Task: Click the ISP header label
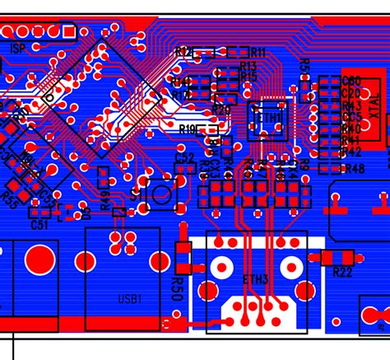[x=17, y=48]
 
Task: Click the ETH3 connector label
[x=256, y=279]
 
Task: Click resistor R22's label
[x=342, y=271]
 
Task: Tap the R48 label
[x=355, y=169]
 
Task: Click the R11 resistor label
[x=258, y=52]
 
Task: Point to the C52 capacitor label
[x=185, y=157]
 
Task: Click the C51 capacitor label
[x=39, y=224]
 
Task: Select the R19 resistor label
[x=188, y=129]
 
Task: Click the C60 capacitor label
[x=352, y=81]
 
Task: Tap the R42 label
[x=352, y=152]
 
